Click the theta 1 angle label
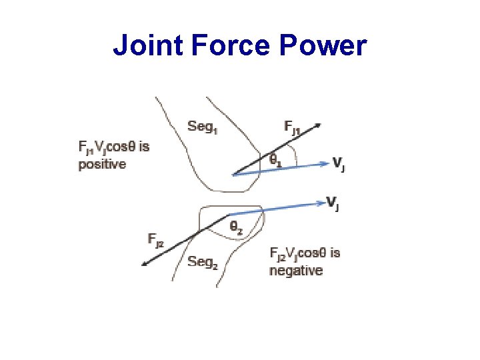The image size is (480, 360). (x=275, y=160)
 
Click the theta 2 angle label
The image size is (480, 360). (x=236, y=227)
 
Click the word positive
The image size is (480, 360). (x=102, y=164)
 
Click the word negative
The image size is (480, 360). (x=296, y=270)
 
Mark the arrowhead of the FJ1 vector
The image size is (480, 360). (x=319, y=124)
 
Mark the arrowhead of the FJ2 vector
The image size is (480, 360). (x=144, y=264)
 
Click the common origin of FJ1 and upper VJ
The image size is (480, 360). (x=233, y=175)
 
